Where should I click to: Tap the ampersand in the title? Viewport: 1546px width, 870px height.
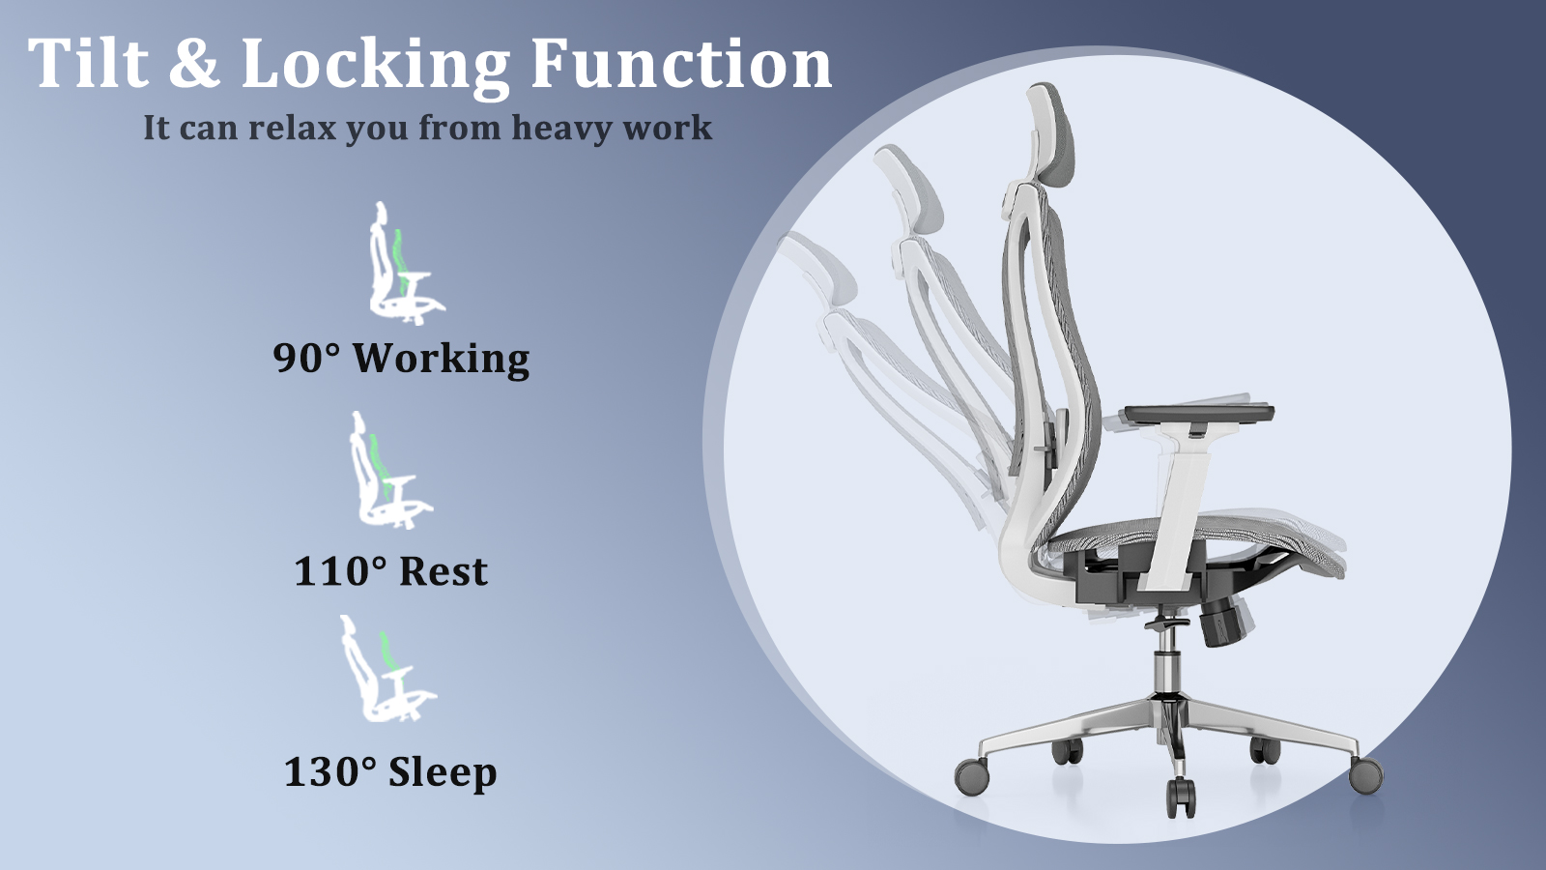(194, 63)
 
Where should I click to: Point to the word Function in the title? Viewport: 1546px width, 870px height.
(680, 63)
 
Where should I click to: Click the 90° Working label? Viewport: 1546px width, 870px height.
(401, 359)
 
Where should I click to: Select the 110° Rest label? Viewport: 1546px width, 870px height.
(390, 571)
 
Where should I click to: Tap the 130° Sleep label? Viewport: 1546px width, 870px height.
(390, 772)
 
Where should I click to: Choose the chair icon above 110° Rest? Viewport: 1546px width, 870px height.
(390, 470)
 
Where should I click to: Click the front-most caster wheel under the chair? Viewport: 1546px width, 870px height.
(1181, 797)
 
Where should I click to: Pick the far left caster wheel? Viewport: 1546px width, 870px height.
(972, 774)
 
